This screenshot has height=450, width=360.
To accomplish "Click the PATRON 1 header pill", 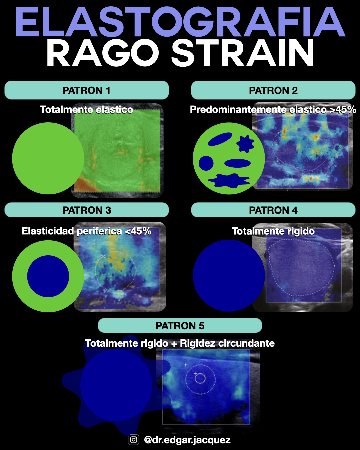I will tap(87, 90).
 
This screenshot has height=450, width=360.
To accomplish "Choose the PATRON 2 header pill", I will tap(273, 90).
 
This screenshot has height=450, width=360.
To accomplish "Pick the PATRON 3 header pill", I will tap(87, 210).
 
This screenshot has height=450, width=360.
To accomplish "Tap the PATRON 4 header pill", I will tap(273, 210).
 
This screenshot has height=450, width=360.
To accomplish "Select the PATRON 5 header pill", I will tap(180, 326).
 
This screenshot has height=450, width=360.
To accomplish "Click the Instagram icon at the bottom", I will tap(134, 440).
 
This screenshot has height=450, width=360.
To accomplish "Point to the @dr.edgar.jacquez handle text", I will tap(187, 440).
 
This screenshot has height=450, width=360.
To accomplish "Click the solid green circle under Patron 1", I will tap(43, 158).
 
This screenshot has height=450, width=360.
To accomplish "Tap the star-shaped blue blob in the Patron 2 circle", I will tap(245, 144).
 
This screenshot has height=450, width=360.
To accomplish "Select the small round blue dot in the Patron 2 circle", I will tap(206, 163).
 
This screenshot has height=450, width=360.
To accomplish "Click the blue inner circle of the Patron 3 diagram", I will tap(48, 276).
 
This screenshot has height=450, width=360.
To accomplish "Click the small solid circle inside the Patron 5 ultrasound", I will tap(200, 378).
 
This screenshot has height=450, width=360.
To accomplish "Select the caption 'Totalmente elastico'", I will tap(87, 110).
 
